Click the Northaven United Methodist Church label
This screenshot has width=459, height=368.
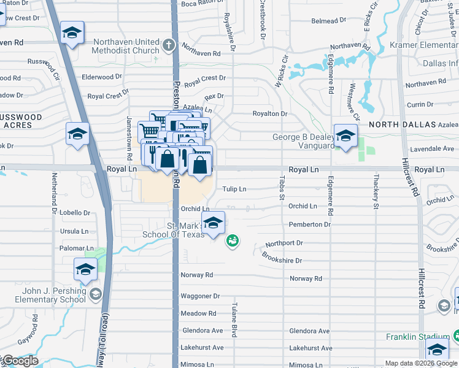126,46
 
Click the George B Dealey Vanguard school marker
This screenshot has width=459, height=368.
345,136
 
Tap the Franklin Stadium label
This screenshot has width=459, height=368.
418,336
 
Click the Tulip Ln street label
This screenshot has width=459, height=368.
234,190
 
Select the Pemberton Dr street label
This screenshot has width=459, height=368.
309,224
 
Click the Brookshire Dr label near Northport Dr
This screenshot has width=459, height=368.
282,258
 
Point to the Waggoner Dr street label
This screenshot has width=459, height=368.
200,296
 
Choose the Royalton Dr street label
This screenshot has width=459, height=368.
270,113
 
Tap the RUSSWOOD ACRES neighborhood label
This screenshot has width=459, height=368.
22,120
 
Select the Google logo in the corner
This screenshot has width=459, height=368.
20,361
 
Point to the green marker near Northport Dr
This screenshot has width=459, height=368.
233,241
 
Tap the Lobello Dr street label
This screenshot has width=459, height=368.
75,213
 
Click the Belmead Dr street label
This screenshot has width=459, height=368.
325,21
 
